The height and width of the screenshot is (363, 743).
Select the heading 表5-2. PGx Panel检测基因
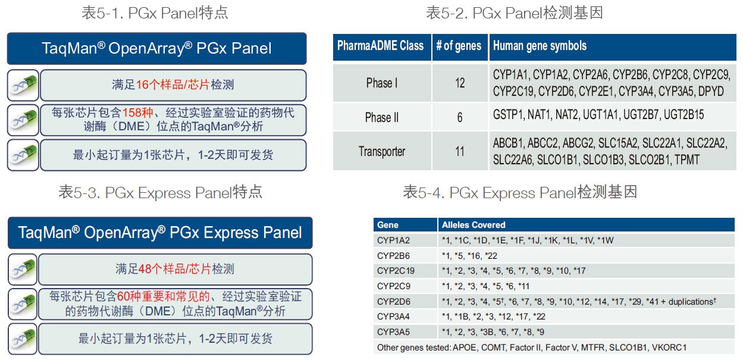(x=514, y=12)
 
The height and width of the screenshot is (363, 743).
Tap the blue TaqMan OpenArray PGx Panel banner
(x=156, y=48)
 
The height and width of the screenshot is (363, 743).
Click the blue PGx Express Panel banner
(x=159, y=232)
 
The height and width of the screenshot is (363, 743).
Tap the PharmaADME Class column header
(x=381, y=46)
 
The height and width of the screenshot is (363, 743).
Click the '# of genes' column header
(x=459, y=46)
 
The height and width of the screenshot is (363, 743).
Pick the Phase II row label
(x=381, y=117)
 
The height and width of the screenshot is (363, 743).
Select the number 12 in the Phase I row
(x=460, y=83)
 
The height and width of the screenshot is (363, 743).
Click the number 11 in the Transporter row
(x=460, y=152)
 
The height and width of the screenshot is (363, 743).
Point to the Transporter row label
(x=381, y=152)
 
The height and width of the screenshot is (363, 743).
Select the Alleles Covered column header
(x=474, y=225)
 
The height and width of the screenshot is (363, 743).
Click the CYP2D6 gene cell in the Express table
(x=393, y=302)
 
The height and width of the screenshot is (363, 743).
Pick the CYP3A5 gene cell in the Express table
(x=393, y=332)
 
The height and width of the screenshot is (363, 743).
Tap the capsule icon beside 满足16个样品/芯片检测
(x=24, y=85)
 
